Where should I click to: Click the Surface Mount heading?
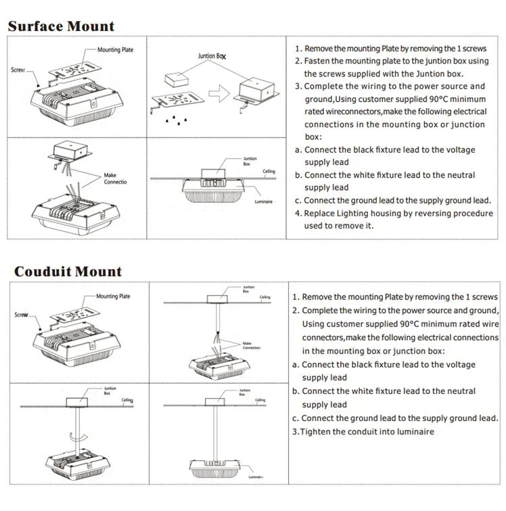click(61, 26)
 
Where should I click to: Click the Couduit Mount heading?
click(68, 272)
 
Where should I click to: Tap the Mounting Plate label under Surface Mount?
click(115, 50)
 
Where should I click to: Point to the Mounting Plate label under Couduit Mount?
click(113, 296)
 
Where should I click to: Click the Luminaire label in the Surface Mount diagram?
click(264, 201)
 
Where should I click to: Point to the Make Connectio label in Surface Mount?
click(115, 178)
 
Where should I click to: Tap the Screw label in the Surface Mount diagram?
click(18, 70)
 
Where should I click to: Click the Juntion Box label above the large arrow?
click(212, 56)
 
